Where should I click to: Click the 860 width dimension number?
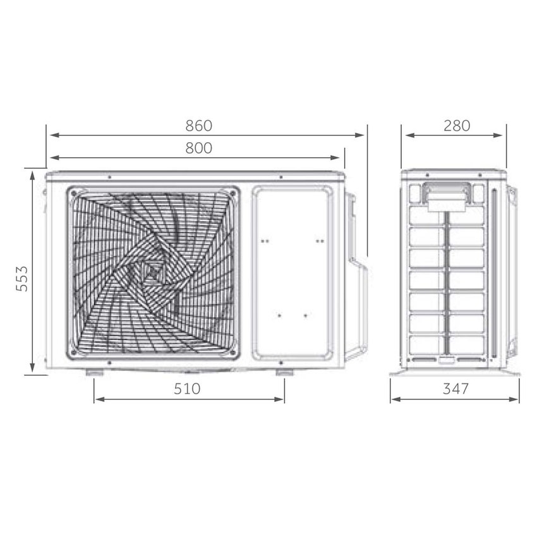[199, 125]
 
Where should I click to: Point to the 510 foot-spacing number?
[187, 389]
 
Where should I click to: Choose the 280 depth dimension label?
[457, 125]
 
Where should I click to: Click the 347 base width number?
[456, 389]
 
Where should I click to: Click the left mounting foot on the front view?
[94, 372]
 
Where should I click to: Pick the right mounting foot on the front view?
[284, 372]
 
